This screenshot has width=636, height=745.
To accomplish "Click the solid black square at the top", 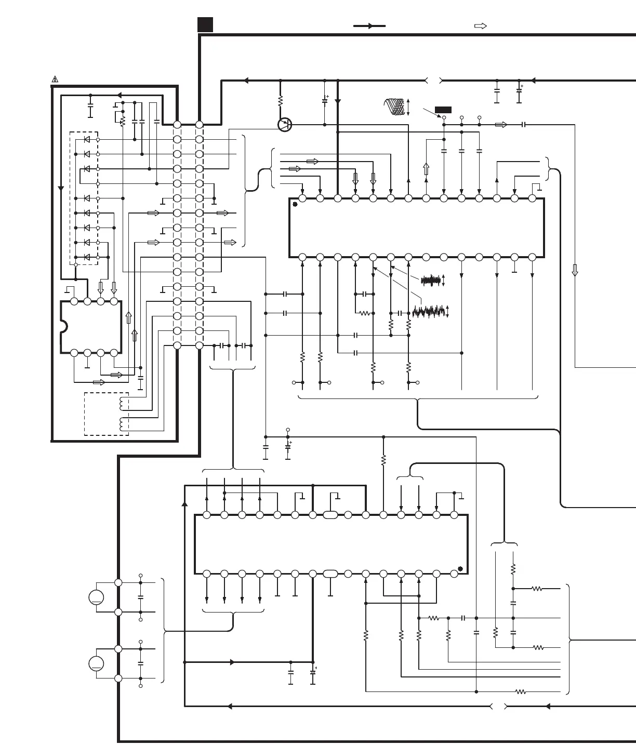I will (x=205, y=24).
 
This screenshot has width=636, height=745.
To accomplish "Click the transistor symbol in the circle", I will (x=285, y=125).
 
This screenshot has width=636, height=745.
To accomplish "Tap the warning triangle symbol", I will (x=55, y=79).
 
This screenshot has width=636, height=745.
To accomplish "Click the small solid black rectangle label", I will (x=443, y=110).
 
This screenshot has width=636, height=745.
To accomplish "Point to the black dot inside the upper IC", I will (x=295, y=204).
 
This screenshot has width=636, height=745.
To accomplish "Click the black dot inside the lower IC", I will (x=460, y=568).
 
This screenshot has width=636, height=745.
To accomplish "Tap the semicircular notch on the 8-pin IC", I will (x=64, y=326).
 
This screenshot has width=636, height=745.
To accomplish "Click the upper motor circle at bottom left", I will (x=96, y=597).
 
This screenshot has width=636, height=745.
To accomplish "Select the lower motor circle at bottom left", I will (x=96, y=663).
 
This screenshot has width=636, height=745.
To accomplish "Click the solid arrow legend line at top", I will (x=369, y=25).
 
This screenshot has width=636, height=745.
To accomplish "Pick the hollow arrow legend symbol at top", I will (x=481, y=25).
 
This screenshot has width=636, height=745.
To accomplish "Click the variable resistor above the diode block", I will (x=123, y=121).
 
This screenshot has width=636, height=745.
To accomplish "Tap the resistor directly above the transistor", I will (x=280, y=100).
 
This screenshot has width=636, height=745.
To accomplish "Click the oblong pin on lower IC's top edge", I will (x=330, y=515).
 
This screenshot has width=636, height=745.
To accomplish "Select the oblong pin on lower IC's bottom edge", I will (x=330, y=574).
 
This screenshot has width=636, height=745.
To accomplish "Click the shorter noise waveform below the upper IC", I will (x=431, y=281).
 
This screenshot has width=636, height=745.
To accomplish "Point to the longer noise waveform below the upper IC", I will (x=429, y=312).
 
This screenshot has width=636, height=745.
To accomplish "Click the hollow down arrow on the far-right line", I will (x=575, y=270).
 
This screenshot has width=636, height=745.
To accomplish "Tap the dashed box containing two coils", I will (x=107, y=414).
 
